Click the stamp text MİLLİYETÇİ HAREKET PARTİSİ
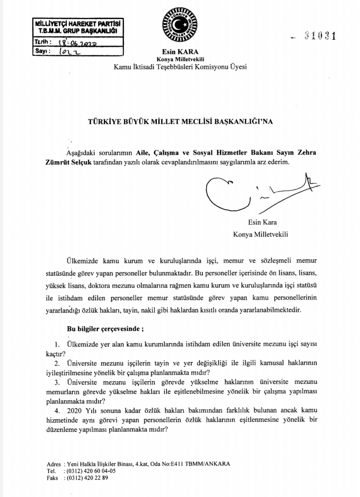click(x=76, y=22)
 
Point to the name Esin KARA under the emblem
click(x=180, y=51)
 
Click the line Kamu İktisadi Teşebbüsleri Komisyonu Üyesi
click(x=180, y=66)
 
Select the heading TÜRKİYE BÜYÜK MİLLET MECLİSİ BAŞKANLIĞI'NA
click(x=180, y=122)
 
